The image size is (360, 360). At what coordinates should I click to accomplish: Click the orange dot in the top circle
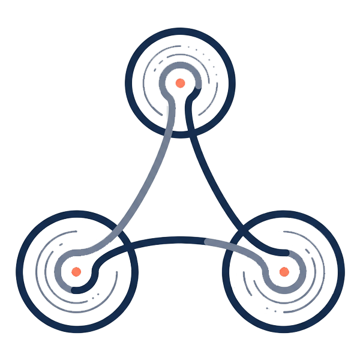[x=179, y=83]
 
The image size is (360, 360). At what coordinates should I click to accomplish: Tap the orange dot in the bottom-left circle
[x=76, y=271]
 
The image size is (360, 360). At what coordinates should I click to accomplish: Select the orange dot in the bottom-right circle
[x=284, y=272]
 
